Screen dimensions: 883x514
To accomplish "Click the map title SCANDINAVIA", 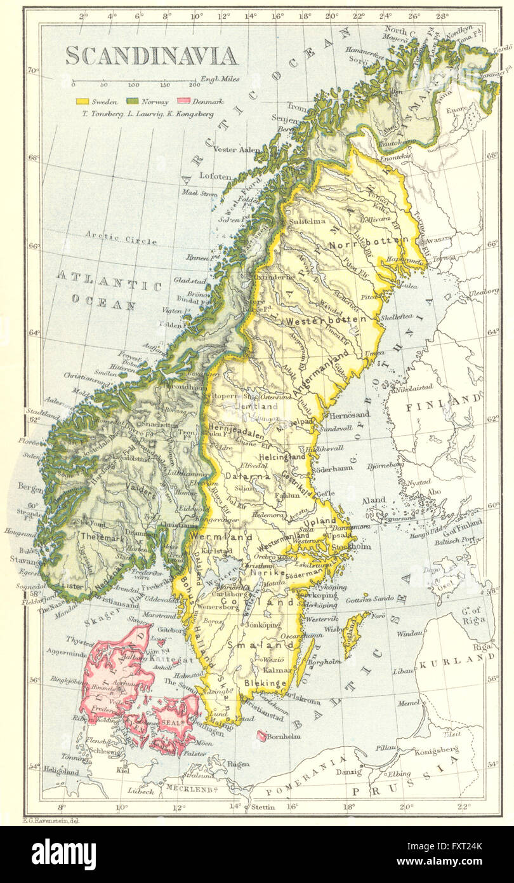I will click(x=152, y=56).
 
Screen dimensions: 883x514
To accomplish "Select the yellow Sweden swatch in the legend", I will click(x=81, y=101).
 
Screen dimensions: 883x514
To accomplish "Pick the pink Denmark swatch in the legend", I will click(x=184, y=101).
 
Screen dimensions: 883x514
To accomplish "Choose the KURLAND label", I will click(x=456, y=661).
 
